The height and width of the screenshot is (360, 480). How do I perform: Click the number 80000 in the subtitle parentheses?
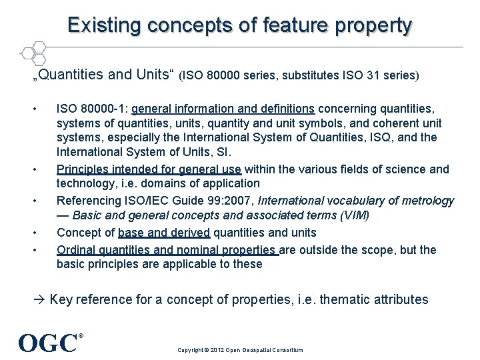click(x=227, y=76)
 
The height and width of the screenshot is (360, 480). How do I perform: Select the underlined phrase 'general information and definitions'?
click(x=223, y=108)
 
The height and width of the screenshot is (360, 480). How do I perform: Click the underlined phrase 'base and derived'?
click(x=164, y=233)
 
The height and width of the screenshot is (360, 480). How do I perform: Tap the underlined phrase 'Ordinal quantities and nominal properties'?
click(x=167, y=250)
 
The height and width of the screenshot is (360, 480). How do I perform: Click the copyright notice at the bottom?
click(x=239, y=350)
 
